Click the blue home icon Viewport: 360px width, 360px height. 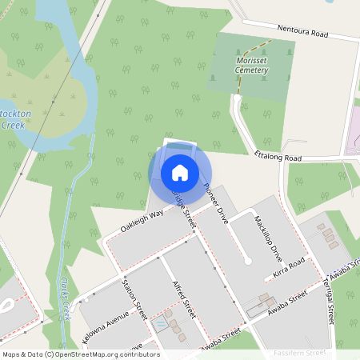[x=180, y=172]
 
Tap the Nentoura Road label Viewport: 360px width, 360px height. [x=303, y=32]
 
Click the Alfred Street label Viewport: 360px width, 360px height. [x=184, y=299]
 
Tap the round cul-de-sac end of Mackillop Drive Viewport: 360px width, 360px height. [x=248, y=261]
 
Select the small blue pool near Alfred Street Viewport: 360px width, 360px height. [x=162, y=324]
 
